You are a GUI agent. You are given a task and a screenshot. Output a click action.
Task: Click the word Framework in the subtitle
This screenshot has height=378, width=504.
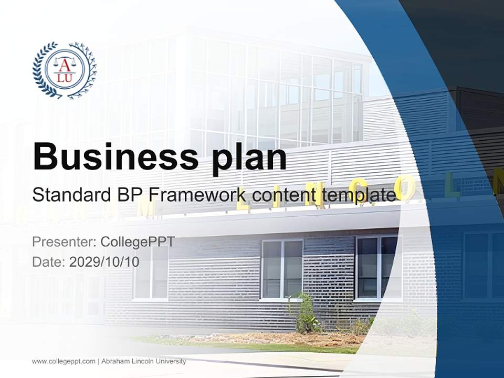pyautogui.click(x=197, y=195)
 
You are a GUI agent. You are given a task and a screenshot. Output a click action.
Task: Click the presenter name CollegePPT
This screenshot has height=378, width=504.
pyautogui.click(x=138, y=242)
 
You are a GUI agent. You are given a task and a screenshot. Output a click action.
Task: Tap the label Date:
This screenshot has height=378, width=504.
pyautogui.click(x=49, y=261)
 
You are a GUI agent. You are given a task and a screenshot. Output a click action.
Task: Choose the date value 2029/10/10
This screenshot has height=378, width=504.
pyautogui.click(x=104, y=261)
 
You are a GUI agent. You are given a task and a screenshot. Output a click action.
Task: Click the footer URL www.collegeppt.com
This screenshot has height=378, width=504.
pyautogui.click(x=64, y=361)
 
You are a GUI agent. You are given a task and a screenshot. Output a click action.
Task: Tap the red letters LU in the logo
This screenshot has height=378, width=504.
pyautogui.click(x=65, y=78)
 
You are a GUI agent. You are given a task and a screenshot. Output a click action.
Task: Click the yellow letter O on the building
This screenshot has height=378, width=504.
pyautogui.click(x=405, y=188)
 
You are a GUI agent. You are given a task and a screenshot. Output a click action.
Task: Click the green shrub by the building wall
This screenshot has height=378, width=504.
pyautogui.click(x=306, y=315)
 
